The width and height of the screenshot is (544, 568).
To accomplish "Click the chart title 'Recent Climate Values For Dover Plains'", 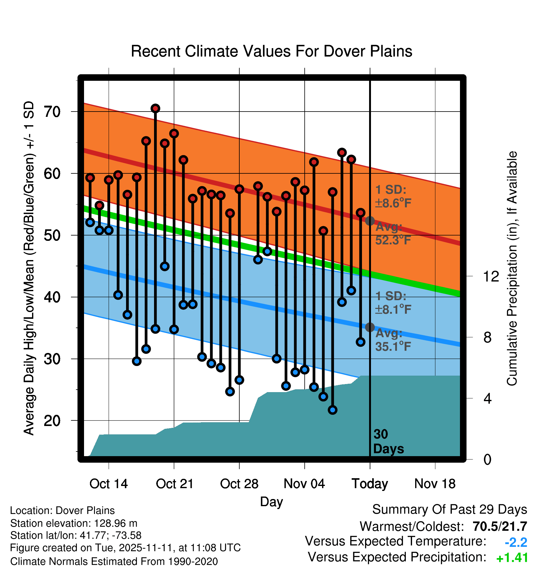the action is click(x=271, y=51).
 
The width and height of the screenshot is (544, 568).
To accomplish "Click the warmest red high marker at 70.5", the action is click(x=155, y=108).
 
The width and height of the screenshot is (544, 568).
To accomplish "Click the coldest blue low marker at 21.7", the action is click(x=332, y=410).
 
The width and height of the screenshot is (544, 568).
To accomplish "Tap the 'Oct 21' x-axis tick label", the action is click(x=175, y=484).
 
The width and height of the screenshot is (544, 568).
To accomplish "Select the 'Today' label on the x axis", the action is click(x=370, y=484).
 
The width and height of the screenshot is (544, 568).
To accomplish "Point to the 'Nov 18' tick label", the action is click(x=435, y=484).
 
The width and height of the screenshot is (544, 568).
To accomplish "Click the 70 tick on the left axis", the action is click(x=52, y=112).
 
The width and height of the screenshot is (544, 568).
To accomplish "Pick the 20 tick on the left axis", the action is click(x=52, y=421).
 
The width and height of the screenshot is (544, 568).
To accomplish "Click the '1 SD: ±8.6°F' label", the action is click(x=393, y=196).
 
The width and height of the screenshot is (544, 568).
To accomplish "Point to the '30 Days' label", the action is click(x=388, y=442).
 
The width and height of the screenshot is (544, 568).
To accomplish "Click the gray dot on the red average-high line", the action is click(x=370, y=221).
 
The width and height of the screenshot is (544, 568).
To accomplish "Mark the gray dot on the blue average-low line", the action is click(x=370, y=327).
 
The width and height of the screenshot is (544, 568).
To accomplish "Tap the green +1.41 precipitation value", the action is click(x=512, y=558).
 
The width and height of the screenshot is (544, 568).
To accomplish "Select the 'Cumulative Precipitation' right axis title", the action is click(x=512, y=269).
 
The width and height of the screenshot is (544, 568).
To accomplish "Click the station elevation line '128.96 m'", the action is click(x=74, y=523).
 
